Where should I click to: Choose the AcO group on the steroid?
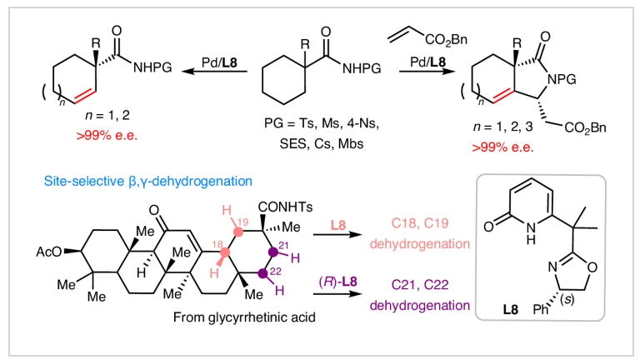[x=48, y=250]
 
